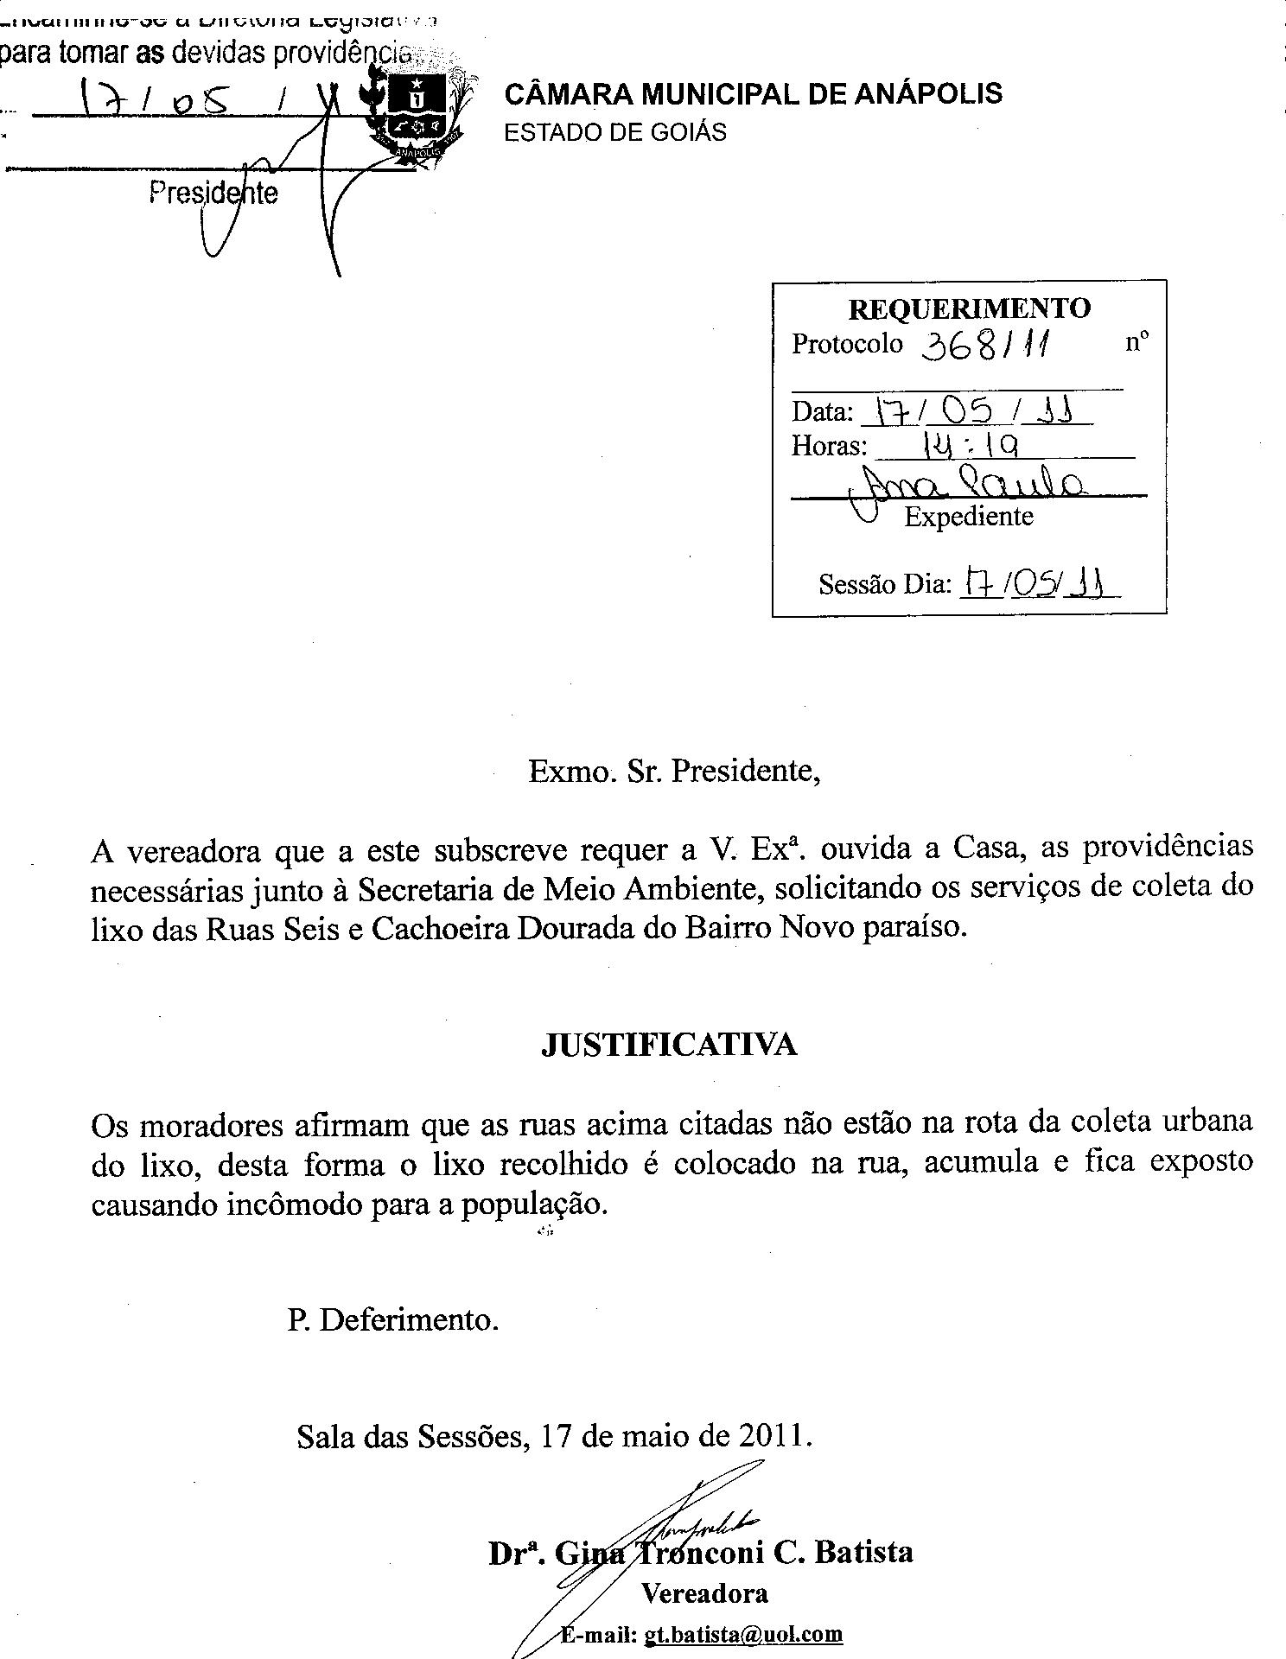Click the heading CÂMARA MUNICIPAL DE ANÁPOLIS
753,93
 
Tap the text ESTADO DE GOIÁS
614,132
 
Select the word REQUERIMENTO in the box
969,308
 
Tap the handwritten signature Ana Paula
968,486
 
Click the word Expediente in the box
968,517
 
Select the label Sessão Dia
883,585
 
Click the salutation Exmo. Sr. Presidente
674,770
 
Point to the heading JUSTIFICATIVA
669,1045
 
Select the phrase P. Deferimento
393,1320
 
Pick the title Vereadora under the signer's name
704,1593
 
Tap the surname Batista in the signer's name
863,1552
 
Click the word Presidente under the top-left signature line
213,192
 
